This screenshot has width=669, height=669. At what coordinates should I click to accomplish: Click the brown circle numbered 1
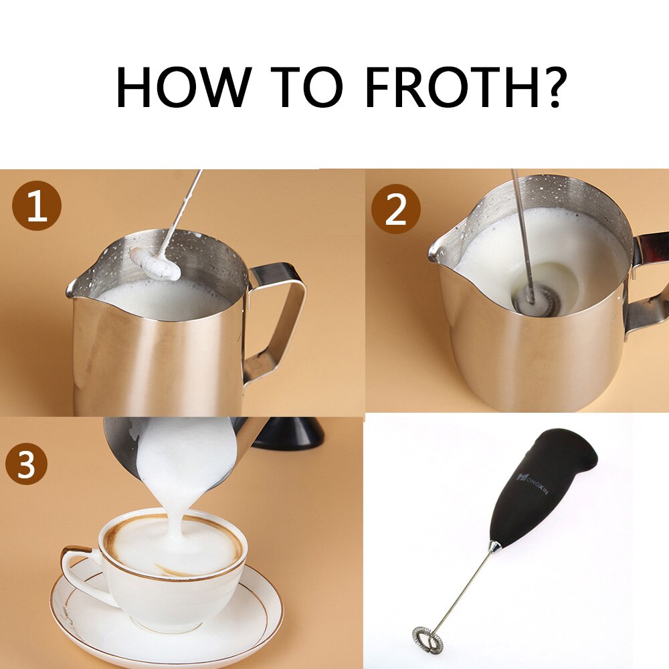pos(36,207)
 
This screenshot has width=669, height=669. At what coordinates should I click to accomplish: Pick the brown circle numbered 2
pos(395,209)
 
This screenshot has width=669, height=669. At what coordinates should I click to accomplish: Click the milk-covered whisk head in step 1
pos(155,263)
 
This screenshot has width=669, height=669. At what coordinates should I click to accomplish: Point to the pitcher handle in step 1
pos(281,314)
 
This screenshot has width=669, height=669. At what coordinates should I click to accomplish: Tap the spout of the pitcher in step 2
pos(436,252)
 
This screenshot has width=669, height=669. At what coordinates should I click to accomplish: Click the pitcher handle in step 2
pos(648,281)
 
